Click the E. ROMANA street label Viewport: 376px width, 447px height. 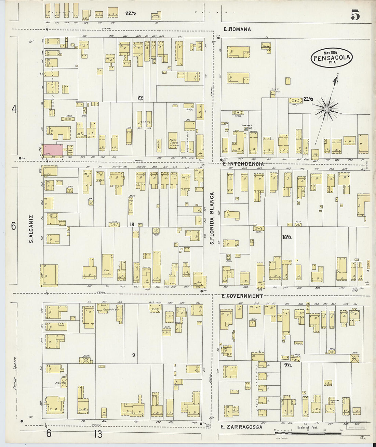pos(237,29)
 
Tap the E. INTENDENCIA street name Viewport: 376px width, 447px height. pos(243,164)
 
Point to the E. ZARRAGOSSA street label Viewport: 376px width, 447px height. pos(241,427)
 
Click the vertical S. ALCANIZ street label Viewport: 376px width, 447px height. pos(31,229)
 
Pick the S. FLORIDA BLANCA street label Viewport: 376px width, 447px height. pos(212,218)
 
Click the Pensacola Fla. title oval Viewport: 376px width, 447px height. pos(331,58)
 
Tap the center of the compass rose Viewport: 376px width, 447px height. pos(326,109)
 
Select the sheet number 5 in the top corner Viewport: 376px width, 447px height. pos(355,15)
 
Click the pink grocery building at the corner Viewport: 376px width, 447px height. pos(53,150)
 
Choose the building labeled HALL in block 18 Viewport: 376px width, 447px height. pos(107,265)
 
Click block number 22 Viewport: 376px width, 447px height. pos(140,98)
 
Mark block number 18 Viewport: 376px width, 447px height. pos(132,224)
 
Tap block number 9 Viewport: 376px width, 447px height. pos(133,355)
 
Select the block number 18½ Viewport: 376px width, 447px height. pos(286,237)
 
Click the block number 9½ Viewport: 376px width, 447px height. pos(288,365)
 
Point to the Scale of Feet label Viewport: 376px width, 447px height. pos(307,427)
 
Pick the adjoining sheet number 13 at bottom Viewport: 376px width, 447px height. pos(98,434)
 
